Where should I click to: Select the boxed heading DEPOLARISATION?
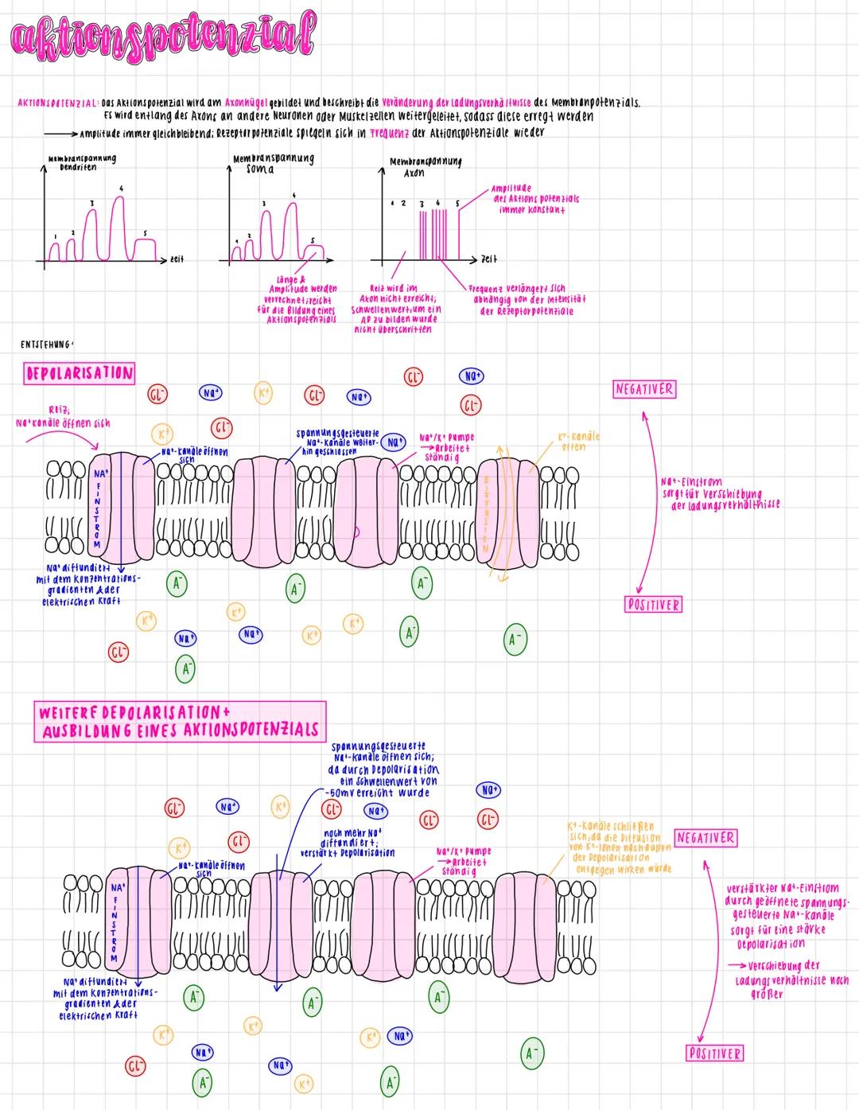(x=79, y=373)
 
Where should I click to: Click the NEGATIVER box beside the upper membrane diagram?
(x=644, y=389)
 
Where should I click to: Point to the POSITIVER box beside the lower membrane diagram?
(x=714, y=1054)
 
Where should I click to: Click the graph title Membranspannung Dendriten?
(x=81, y=163)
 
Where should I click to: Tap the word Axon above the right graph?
(x=414, y=172)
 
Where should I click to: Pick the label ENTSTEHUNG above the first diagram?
(x=48, y=345)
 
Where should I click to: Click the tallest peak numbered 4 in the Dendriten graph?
(x=119, y=199)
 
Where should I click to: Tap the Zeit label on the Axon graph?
(x=489, y=259)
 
